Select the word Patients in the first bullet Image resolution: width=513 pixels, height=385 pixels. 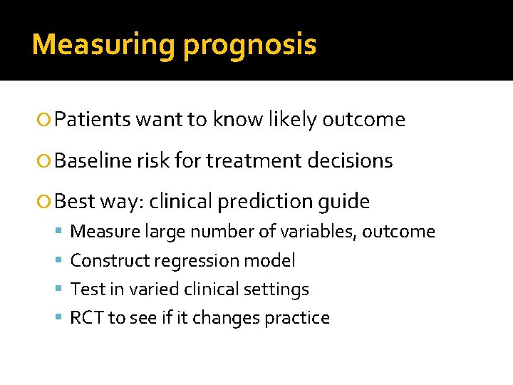(x=92, y=120)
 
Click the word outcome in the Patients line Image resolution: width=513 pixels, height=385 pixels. (x=363, y=120)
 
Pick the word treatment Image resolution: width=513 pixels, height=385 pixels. (x=262, y=161)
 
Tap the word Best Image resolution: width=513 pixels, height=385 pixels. (x=75, y=202)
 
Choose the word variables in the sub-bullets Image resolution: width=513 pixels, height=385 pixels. (x=343, y=232)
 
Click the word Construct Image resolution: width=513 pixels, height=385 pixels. (x=106, y=261)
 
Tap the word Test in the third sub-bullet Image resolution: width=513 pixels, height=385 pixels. (x=85, y=289)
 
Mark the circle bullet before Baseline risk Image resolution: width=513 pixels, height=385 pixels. (x=46, y=162)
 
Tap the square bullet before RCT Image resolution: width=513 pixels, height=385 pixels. (x=62, y=319)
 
